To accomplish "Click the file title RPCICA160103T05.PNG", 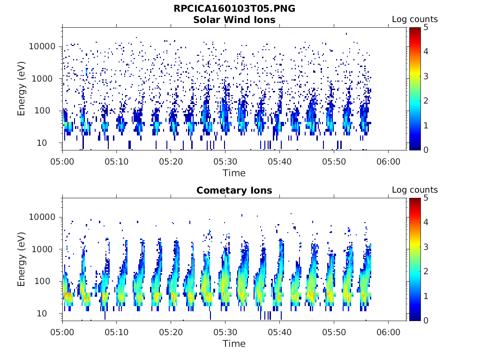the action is point(234,8).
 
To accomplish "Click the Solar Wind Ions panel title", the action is point(234,20).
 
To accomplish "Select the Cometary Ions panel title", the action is point(234,190).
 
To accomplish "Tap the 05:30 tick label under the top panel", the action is point(225,162).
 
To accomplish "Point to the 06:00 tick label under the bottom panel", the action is point(388,332).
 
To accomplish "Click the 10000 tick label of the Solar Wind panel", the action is point(42,46).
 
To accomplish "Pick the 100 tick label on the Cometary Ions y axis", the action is point(42,281).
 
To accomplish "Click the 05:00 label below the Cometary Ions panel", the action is point(62,332).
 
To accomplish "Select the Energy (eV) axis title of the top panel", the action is point(21,89).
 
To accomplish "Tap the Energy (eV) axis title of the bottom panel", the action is point(21,259).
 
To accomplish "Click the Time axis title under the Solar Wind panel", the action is point(234,173).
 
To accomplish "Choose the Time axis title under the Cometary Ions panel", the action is point(234,344).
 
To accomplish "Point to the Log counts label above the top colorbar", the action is point(415,19).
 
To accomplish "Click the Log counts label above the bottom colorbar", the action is point(415,190).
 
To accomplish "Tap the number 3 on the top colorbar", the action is point(426,76).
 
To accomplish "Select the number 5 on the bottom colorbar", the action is point(426,198).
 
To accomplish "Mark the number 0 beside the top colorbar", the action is point(426,150).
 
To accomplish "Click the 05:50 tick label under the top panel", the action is point(334,162).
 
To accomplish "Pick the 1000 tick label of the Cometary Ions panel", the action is point(42,249).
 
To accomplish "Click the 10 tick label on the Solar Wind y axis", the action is point(42,143).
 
